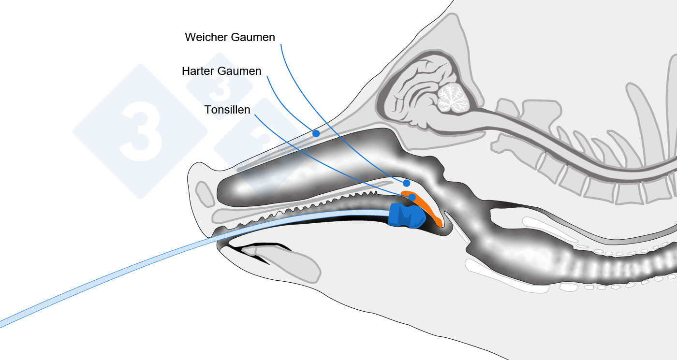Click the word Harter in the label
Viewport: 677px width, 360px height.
point(198,71)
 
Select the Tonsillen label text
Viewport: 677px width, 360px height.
point(227,110)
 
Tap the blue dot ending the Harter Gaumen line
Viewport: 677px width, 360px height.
point(316,133)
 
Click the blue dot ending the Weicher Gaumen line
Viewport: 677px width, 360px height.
point(407,183)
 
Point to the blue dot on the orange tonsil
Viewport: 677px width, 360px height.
point(412,198)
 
